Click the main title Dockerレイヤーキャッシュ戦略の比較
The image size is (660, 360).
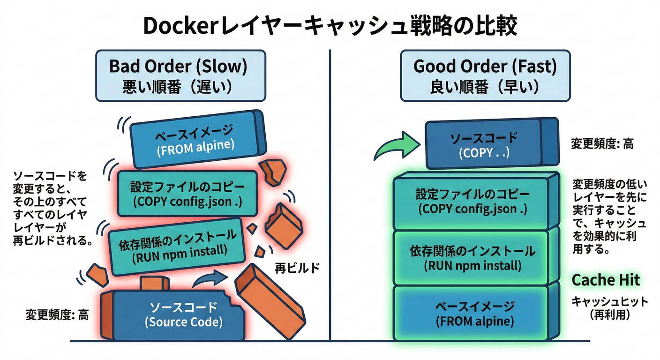330,26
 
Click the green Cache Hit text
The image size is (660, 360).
606,280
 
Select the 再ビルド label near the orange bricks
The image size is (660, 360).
297,268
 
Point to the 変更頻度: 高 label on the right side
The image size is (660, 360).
602,144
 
